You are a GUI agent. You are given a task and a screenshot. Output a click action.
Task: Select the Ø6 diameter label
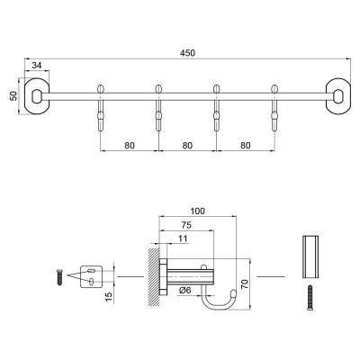click(184, 289)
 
